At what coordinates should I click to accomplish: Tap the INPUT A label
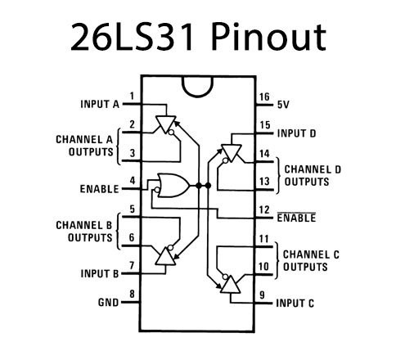99,105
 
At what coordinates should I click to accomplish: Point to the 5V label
284,105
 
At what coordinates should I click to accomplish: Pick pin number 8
132,295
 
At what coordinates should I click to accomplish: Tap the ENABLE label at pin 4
99,188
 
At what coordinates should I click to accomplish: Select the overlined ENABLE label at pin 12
296,218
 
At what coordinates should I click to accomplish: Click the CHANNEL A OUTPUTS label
84,146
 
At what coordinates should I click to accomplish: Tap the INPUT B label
99,273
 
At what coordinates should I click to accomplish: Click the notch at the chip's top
197,84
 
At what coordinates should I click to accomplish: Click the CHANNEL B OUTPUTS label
84,230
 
